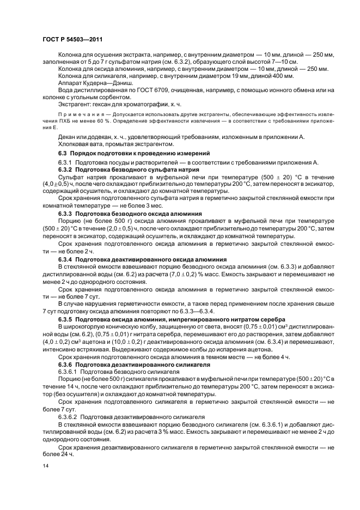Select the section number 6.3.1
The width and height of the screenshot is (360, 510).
[66, 163]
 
